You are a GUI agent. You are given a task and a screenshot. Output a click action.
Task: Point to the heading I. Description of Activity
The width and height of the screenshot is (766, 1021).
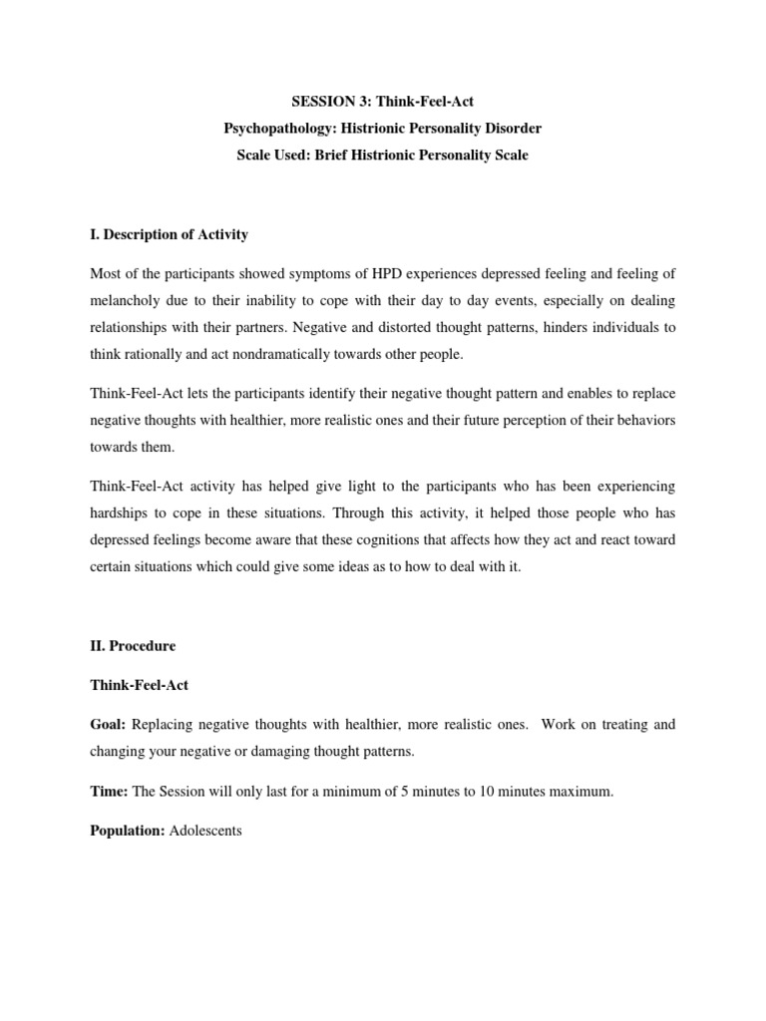tap(169, 234)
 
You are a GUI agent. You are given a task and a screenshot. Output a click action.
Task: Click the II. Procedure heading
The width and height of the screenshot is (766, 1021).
tap(132, 646)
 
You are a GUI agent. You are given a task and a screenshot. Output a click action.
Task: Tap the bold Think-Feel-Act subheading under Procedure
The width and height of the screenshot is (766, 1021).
tap(139, 686)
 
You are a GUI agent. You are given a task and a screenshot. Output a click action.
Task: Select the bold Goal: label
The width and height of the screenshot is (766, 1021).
tap(108, 725)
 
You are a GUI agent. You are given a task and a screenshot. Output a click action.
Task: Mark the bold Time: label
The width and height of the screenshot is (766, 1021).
tap(109, 791)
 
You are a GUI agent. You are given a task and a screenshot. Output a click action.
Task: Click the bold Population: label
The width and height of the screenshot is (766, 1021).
tap(128, 831)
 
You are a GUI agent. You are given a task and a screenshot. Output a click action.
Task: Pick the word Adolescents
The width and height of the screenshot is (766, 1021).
tap(206, 831)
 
